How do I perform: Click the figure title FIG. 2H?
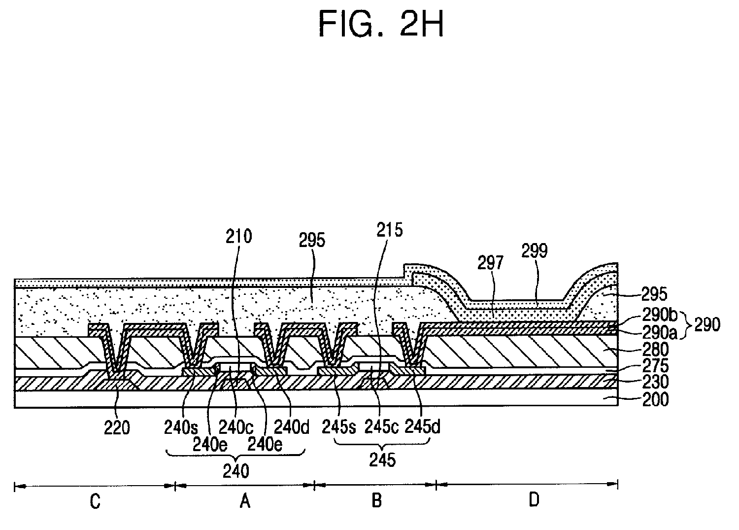[x=380, y=23]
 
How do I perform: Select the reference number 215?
[x=389, y=230]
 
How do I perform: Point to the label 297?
[x=490, y=263]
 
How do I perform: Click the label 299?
[x=534, y=251]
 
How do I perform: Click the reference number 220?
[x=117, y=427]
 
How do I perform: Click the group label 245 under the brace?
[x=382, y=460]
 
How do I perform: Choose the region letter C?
[x=95, y=502]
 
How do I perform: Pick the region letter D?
[x=534, y=501]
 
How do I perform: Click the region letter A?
[x=244, y=502]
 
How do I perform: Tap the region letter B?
[x=376, y=501]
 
